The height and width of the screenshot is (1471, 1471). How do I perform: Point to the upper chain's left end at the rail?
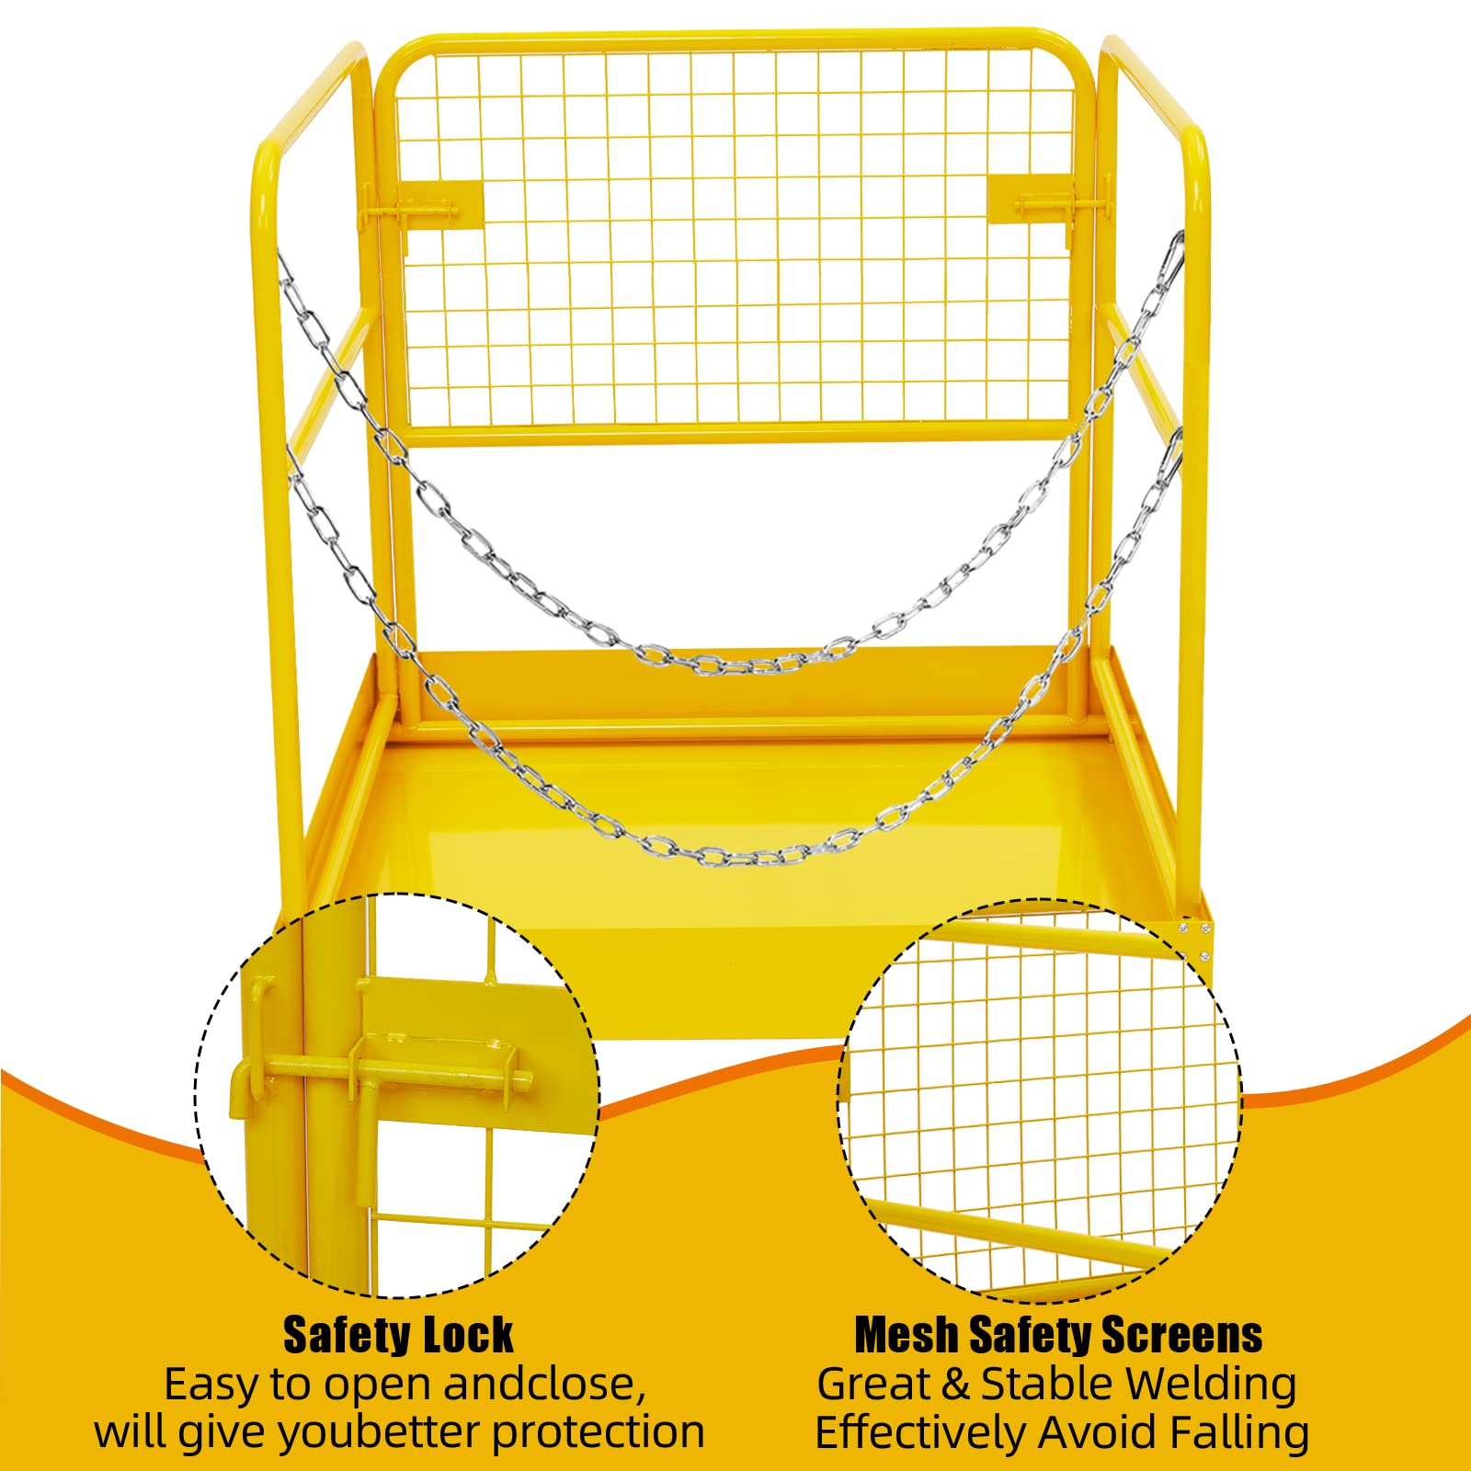pyautogui.click(x=280, y=256)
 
